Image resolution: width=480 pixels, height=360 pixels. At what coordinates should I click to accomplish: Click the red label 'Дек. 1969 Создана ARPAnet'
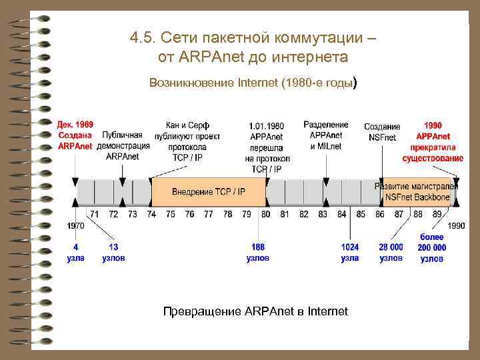click(x=75, y=135)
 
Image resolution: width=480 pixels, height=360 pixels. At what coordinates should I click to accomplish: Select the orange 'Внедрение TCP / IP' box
click(x=209, y=191)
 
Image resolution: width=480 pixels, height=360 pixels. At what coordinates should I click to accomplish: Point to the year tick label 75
click(x=171, y=214)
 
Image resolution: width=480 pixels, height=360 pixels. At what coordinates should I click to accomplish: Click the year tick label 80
click(x=266, y=214)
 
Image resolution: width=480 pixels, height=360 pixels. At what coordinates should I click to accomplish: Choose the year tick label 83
click(x=323, y=214)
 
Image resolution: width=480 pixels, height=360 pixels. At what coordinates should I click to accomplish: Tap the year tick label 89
click(x=437, y=214)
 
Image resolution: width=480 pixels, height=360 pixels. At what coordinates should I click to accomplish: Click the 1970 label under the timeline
click(x=75, y=226)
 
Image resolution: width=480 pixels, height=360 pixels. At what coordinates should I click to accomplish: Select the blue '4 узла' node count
click(x=75, y=252)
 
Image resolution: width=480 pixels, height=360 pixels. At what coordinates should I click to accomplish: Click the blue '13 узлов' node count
click(x=113, y=252)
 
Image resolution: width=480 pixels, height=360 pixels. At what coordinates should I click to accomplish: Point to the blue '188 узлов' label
click(x=258, y=252)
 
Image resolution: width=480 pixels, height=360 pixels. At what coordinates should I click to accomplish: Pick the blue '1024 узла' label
click(x=350, y=252)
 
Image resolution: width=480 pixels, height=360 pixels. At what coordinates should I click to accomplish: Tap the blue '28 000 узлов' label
click(x=391, y=252)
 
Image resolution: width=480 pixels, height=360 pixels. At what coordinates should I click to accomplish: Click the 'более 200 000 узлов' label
click(x=432, y=247)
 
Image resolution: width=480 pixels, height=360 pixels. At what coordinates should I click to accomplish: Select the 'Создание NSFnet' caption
click(x=382, y=132)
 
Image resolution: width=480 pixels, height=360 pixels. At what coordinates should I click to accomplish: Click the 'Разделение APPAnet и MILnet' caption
click(x=326, y=135)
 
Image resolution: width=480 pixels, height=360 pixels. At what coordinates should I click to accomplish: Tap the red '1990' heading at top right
click(x=433, y=125)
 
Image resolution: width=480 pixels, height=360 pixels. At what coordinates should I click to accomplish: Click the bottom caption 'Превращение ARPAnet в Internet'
click(x=255, y=311)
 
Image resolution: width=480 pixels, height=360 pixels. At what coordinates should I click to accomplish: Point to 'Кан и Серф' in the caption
click(x=187, y=125)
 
